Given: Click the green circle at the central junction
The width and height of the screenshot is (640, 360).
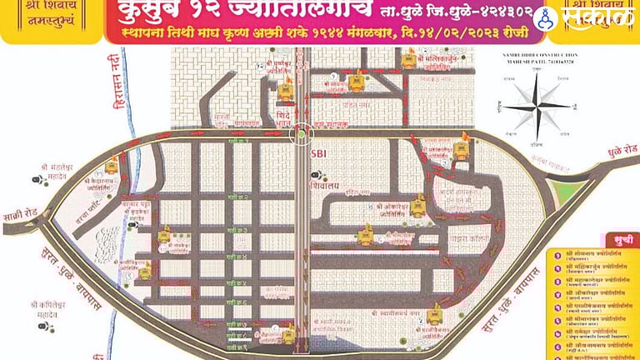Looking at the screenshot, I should [x=302, y=132].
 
